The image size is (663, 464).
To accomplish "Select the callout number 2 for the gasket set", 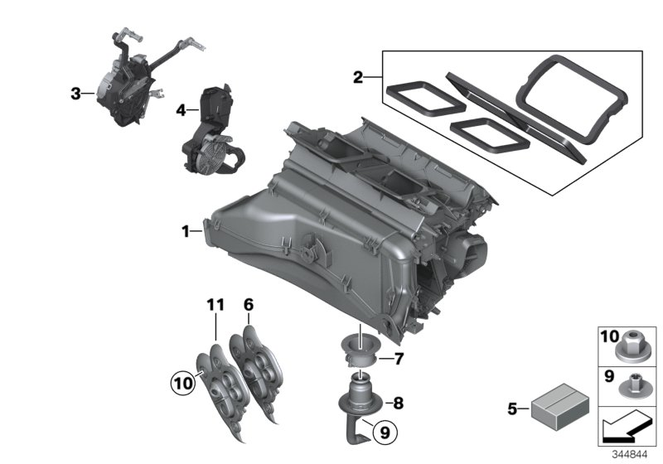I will [358, 78].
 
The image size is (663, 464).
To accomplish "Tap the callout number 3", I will [75, 94].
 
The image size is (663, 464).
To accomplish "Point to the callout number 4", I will [180, 109].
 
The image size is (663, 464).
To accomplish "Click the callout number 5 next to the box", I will [511, 408].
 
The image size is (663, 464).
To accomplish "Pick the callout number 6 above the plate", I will [247, 305].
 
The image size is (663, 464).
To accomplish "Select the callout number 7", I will [399, 359].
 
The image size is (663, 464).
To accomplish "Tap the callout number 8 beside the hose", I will [398, 404].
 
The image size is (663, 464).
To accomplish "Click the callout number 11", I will [215, 305].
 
